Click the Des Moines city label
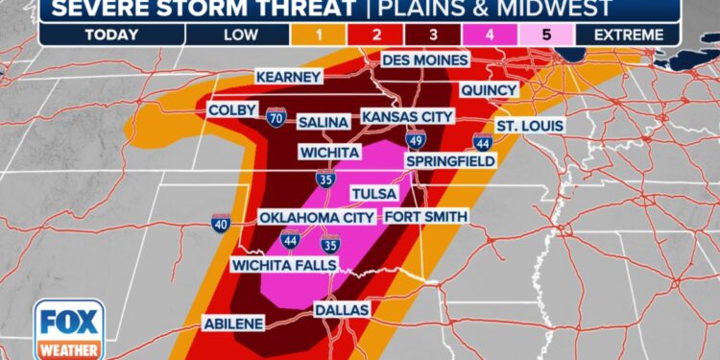pos(425,60)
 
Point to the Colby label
pos(231,111)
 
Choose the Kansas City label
pos(406,116)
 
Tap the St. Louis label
pos(530,127)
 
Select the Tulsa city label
pos(374,194)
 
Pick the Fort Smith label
pos(426,217)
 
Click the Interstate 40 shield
pos(221,224)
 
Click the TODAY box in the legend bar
pos(110,35)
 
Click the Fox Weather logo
pos(69,330)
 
